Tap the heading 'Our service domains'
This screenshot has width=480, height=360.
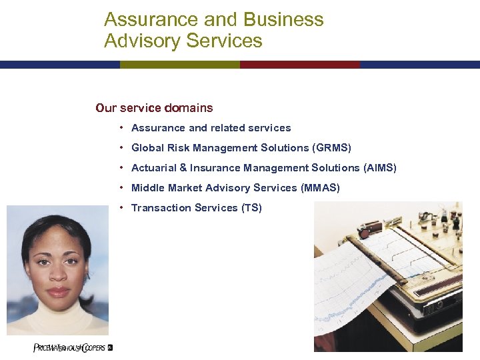pyautogui.click(x=154, y=107)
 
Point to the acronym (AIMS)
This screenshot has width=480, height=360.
pyautogui.click(x=380, y=168)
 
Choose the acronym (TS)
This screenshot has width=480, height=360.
pyautogui.click(x=251, y=208)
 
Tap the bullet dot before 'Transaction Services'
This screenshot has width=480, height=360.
pyautogui.click(x=122, y=208)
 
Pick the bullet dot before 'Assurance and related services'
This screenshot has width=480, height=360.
pyautogui.click(x=122, y=128)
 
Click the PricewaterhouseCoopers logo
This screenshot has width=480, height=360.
pyautogui.click(x=73, y=347)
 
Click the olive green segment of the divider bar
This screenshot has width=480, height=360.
pyautogui.click(x=180, y=65)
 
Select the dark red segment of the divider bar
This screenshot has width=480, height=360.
pyautogui.click(x=300, y=65)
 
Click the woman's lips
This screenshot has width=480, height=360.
pyautogui.click(x=59, y=291)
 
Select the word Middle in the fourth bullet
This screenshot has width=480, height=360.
pyautogui.click(x=146, y=188)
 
